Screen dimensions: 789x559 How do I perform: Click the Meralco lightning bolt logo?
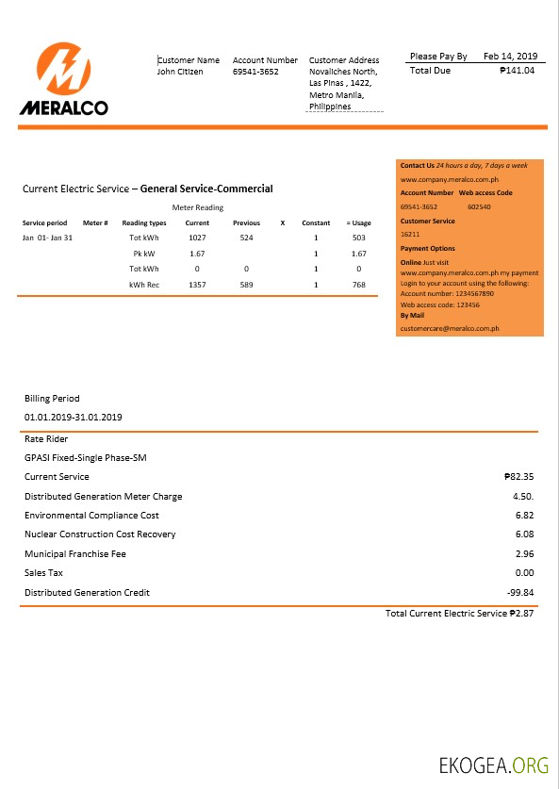pyautogui.click(x=64, y=71)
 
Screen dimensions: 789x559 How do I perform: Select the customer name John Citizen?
pyautogui.click(x=180, y=72)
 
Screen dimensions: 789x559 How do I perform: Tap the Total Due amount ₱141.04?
pyautogui.click(x=517, y=71)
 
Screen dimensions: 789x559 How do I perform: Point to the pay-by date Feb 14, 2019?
pyautogui.click(x=509, y=57)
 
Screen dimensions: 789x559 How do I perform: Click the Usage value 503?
pyautogui.click(x=358, y=238)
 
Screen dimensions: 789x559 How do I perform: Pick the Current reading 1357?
pyautogui.click(x=197, y=285)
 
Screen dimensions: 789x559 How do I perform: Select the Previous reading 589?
pyautogui.click(x=246, y=285)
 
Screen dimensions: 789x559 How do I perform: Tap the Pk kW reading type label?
pyautogui.click(x=144, y=254)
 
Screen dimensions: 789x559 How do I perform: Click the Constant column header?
pyautogui.click(x=316, y=223)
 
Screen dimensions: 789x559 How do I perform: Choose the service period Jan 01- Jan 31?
pyautogui.click(x=47, y=238)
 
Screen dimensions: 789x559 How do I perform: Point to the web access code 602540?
pyautogui.click(x=480, y=206)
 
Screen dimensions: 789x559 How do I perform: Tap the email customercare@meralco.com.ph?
pyautogui.click(x=450, y=328)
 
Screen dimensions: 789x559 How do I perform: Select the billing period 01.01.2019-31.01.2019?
pyautogui.click(x=74, y=417)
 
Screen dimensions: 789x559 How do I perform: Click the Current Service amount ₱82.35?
pyautogui.click(x=519, y=477)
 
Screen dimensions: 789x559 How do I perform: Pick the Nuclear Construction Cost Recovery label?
pyautogui.click(x=100, y=534)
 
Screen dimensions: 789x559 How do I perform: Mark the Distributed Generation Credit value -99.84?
pyautogui.click(x=518, y=593)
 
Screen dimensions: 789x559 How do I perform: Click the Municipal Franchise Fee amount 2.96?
pyautogui.click(x=525, y=554)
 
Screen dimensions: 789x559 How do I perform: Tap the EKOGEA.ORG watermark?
pyautogui.click(x=493, y=764)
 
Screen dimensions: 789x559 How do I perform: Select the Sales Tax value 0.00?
pyautogui.click(x=525, y=573)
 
